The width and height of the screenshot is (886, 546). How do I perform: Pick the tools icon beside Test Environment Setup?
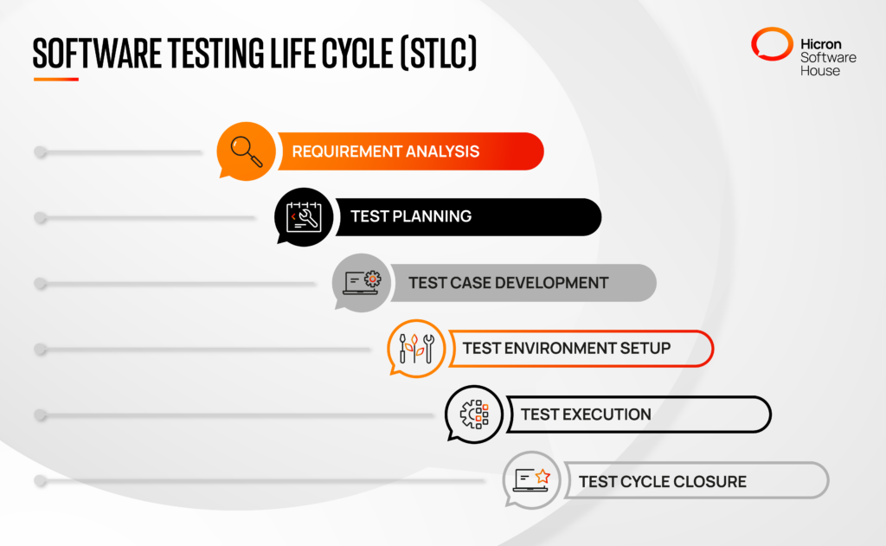tap(416, 348)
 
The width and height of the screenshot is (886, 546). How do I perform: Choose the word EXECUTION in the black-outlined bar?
tap(607, 414)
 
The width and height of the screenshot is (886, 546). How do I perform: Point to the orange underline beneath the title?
tap(55, 80)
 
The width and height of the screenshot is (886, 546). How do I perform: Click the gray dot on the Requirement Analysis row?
tap(40, 152)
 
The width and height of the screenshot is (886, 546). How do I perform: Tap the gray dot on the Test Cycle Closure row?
tap(40, 481)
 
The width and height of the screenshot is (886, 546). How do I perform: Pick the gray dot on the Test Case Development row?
tap(40, 284)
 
